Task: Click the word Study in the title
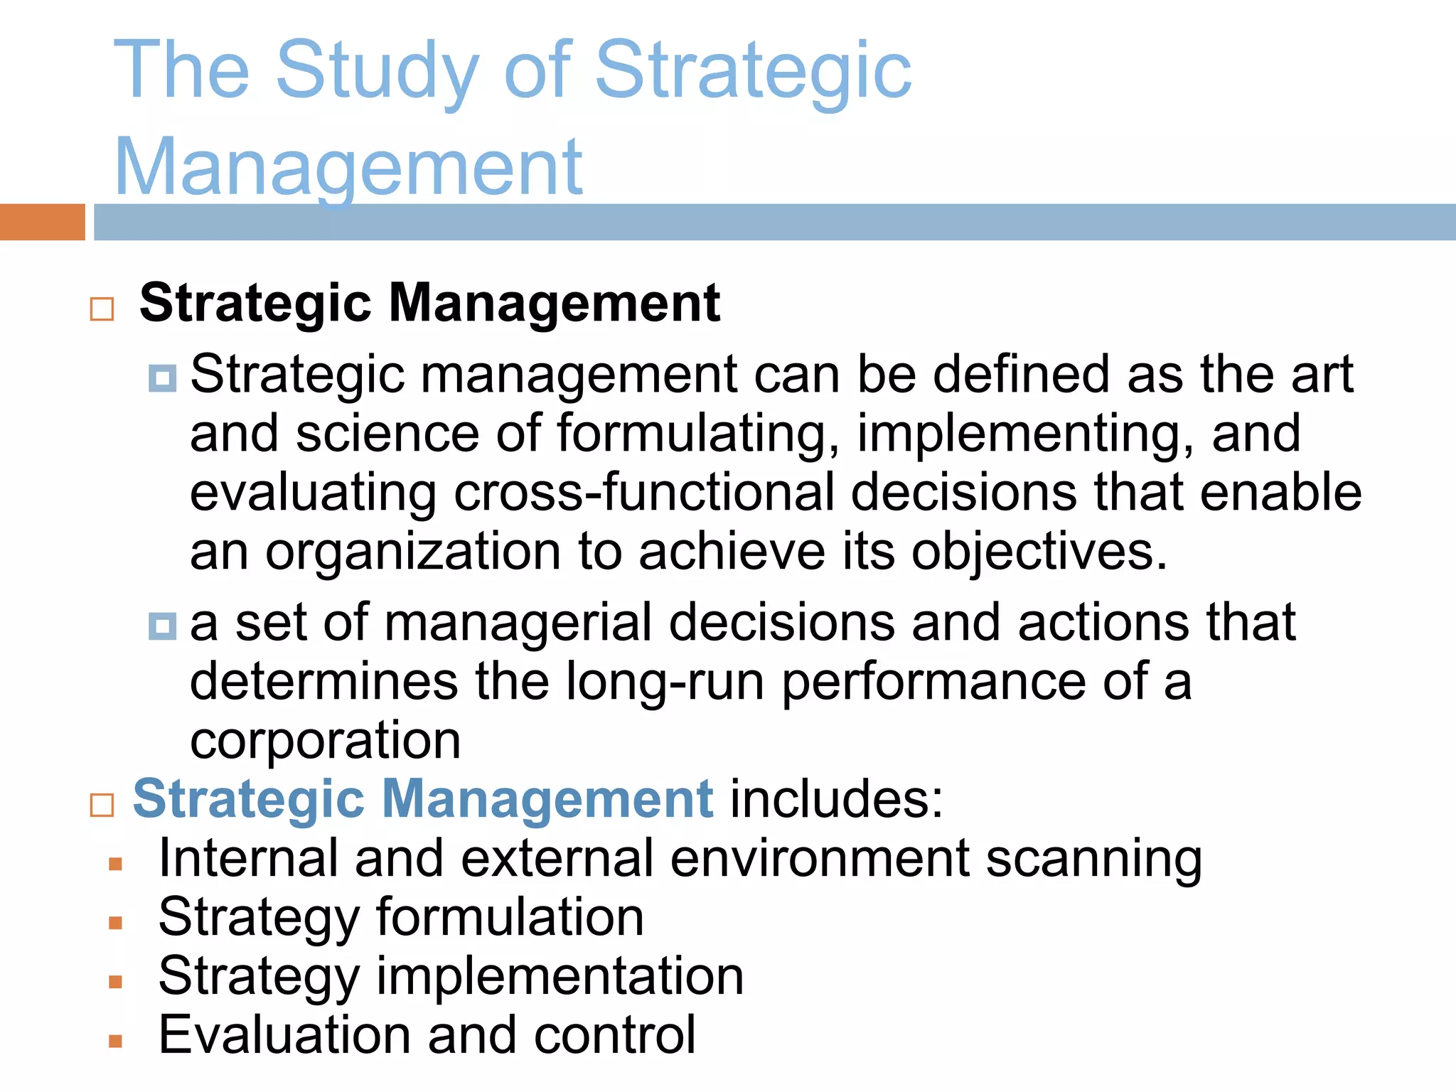pos(377,71)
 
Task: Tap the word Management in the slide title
pos(348,168)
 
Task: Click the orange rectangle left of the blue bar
pos(42,222)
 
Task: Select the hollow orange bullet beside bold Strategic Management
pos(102,309)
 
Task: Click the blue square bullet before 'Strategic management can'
pos(162,378)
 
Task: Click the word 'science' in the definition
pos(387,434)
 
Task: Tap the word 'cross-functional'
pos(643,493)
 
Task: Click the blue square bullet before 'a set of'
pos(162,626)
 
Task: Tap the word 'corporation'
pos(325,741)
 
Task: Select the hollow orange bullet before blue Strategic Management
pos(102,805)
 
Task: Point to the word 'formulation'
pos(510,918)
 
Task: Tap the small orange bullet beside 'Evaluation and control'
pos(116,1042)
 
